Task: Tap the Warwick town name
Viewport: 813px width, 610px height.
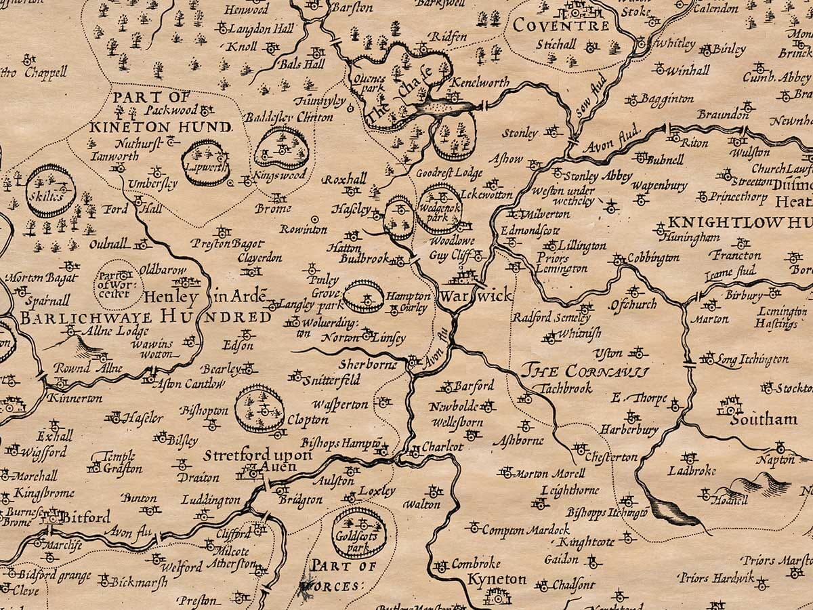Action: click(x=475, y=297)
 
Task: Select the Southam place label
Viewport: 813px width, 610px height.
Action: click(x=764, y=420)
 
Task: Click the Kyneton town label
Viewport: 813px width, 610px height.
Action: click(x=497, y=579)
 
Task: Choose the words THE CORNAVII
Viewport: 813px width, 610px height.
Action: click(x=585, y=371)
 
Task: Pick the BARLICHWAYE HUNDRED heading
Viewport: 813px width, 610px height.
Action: click(x=145, y=317)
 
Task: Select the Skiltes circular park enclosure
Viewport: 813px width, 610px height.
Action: click(x=50, y=190)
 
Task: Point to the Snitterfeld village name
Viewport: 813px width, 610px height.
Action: click(x=333, y=380)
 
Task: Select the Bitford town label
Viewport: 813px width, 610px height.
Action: click(x=86, y=518)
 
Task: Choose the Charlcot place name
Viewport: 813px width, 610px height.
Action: click(x=442, y=447)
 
